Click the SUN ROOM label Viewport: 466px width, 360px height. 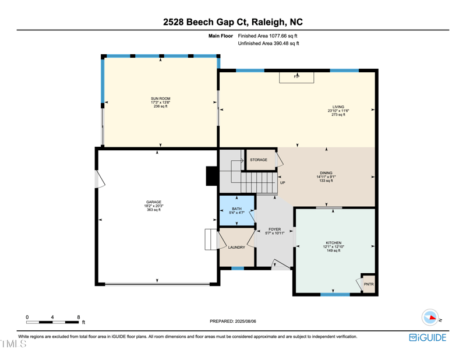160,99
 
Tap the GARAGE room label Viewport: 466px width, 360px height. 154,202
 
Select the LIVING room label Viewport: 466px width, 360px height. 338,107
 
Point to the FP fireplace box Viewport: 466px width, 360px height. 296,77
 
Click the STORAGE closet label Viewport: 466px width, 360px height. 259,160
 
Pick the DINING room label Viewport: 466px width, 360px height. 326,173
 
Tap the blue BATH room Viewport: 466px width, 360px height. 236,210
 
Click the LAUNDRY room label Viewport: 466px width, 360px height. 236,248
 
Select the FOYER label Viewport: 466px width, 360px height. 275,230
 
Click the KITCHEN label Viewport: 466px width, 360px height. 334,243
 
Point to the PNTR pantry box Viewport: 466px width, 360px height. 368,284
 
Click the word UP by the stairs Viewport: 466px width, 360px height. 283,183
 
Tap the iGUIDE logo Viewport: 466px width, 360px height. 428,338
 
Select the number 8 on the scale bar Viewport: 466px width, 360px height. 78,317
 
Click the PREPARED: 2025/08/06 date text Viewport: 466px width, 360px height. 232,321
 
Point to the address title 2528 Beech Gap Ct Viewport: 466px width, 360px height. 233,23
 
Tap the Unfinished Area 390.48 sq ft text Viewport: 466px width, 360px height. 269,44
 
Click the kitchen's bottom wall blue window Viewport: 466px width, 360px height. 335,295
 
